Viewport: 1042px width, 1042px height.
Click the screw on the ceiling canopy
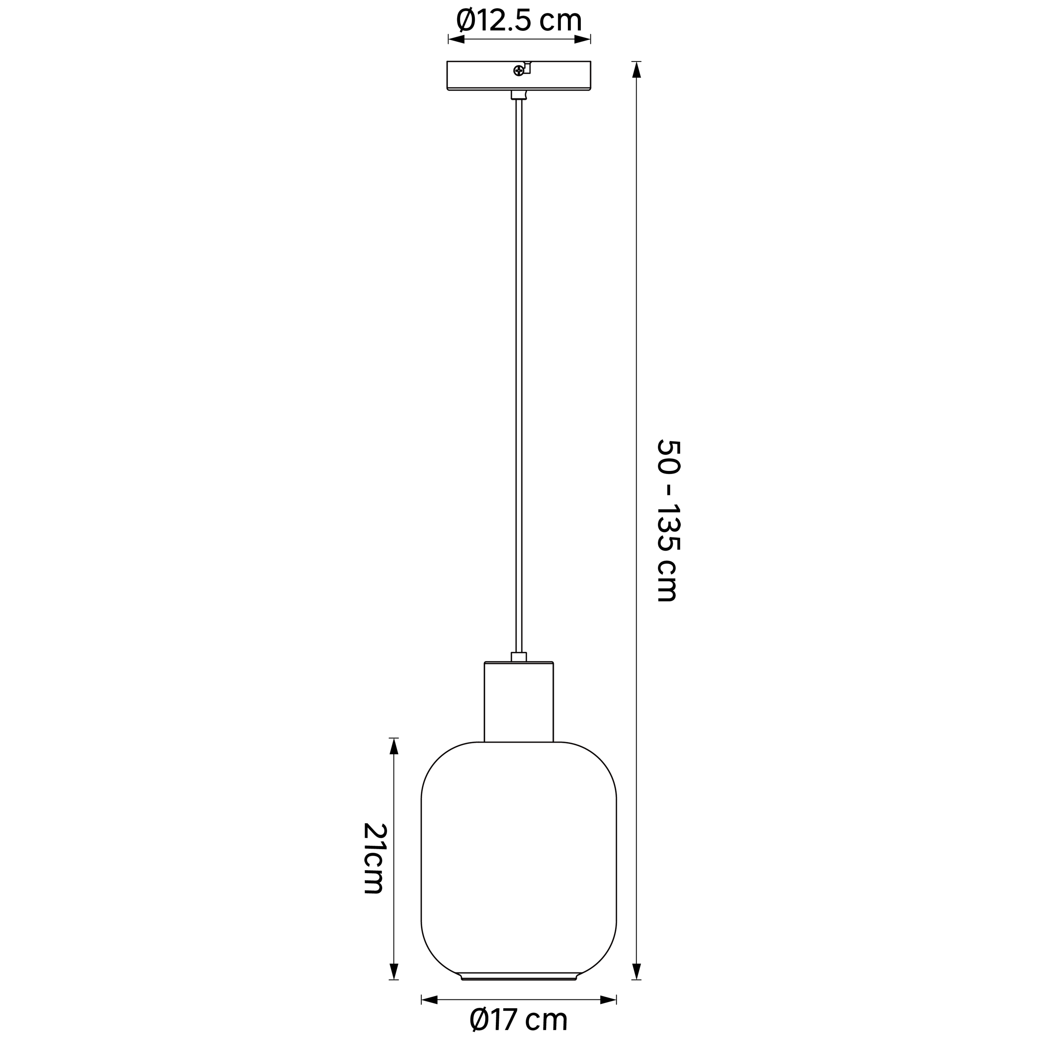(x=518, y=70)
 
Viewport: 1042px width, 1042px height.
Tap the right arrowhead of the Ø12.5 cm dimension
(x=582, y=39)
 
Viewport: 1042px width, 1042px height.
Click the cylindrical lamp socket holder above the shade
(x=519, y=701)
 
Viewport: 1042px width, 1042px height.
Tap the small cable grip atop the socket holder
(x=519, y=656)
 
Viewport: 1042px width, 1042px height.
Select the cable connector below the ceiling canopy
(x=519, y=95)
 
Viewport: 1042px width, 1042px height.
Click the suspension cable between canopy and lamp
(x=519, y=378)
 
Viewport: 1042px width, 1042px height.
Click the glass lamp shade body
(x=519, y=858)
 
